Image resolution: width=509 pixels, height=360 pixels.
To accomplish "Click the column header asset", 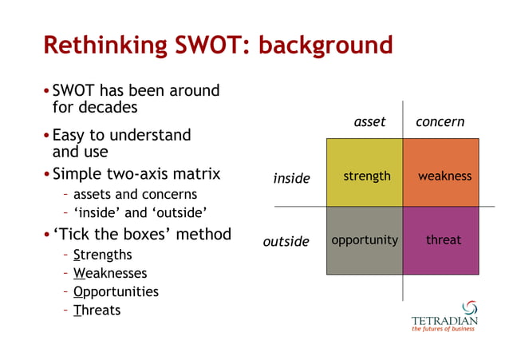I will (x=369, y=122).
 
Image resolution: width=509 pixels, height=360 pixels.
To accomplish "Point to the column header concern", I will (x=440, y=122).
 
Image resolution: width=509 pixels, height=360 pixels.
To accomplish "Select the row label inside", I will (x=291, y=178).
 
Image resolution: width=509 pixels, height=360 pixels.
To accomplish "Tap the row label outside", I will (x=286, y=241).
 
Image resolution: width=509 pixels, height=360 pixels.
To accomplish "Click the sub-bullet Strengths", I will (x=102, y=255).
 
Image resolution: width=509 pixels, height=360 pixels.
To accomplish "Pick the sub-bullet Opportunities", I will (x=115, y=292).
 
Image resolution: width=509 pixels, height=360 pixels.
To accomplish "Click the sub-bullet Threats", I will (x=97, y=311).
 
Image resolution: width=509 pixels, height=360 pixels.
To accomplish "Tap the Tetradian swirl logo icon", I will (x=469, y=307).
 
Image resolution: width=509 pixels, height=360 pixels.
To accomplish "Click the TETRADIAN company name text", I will (x=444, y=321).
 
